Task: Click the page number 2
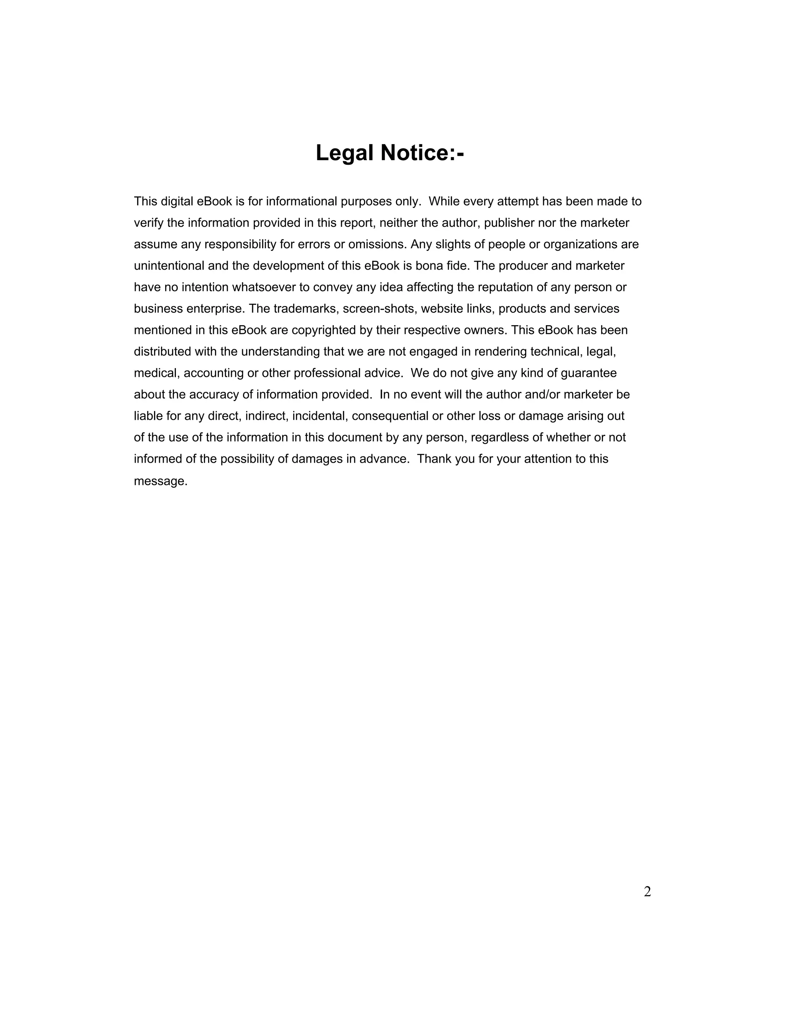[x=647, y=892]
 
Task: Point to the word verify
[x=148, y=223]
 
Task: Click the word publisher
[x=509, y=223]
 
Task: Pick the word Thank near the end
[x=434, y=459]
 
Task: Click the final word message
[x=161, y=481]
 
